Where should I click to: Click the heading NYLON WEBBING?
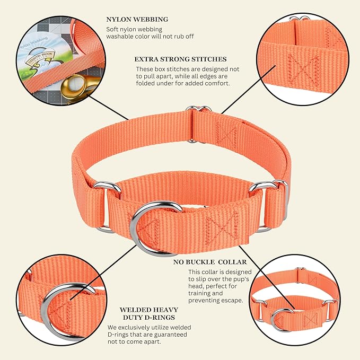[137, 19]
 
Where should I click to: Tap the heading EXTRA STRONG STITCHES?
[180, 59]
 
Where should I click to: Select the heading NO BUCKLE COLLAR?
[210, 262]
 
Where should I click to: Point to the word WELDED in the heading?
[135, 310]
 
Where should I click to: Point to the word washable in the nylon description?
[120, 36]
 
